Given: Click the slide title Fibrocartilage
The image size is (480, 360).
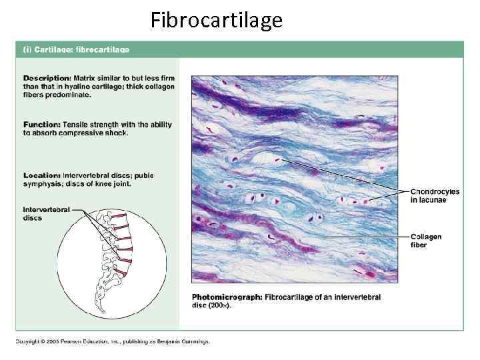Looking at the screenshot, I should [216, 21].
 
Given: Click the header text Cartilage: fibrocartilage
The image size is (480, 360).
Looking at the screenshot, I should [79, 49].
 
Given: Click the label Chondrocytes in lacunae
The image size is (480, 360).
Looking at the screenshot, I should [434, 195].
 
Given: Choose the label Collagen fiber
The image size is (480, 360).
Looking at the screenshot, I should [425, 241].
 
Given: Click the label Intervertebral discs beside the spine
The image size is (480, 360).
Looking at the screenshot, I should [46, 213].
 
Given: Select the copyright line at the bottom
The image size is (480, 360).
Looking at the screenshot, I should [113, 341].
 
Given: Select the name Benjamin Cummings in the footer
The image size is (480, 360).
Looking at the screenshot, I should [184, 341].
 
